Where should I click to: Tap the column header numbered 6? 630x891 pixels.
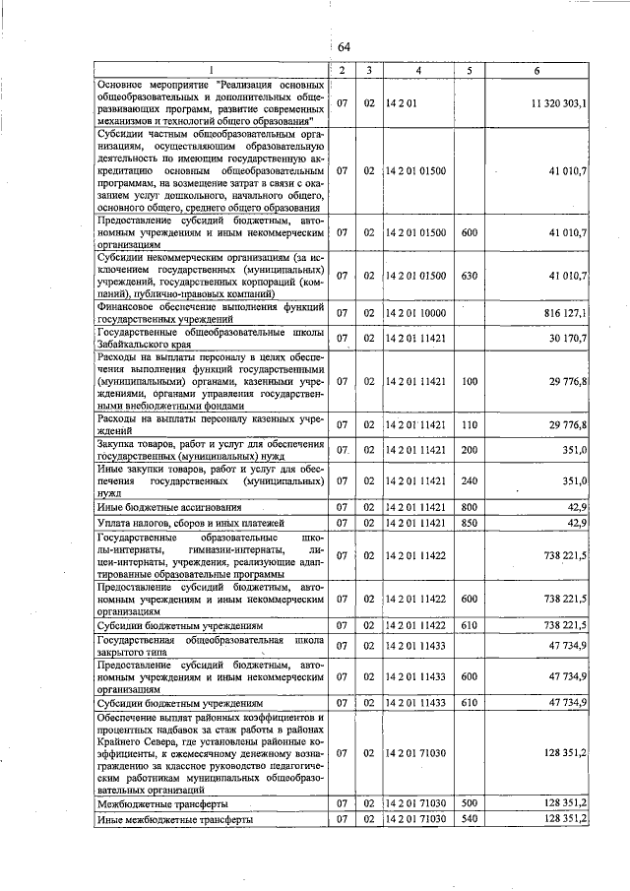click(537, 71)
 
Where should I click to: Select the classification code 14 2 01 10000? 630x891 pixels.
click(417, 313)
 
